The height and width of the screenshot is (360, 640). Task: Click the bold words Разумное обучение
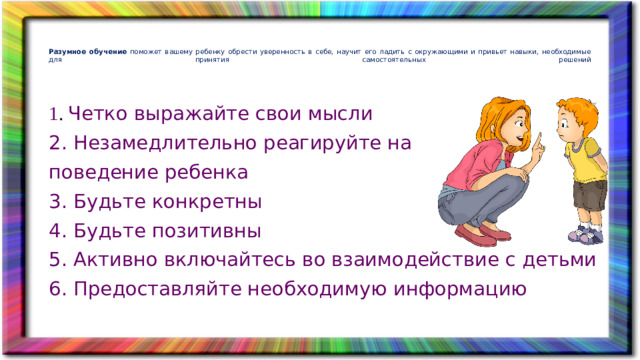(x=87, y=51)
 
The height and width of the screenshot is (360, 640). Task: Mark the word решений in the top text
(x=574, y=60)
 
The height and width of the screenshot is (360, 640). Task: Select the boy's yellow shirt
(x=579, y=159)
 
